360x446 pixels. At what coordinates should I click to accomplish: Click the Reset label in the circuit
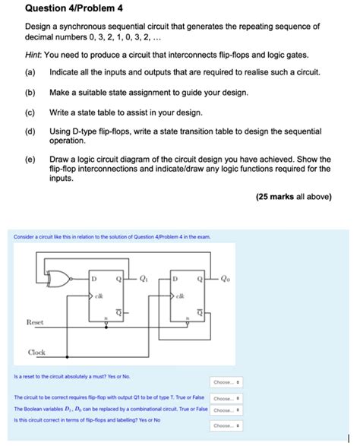(x=35, y=322)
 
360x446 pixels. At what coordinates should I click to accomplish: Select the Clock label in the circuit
(x=36, y=353)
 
